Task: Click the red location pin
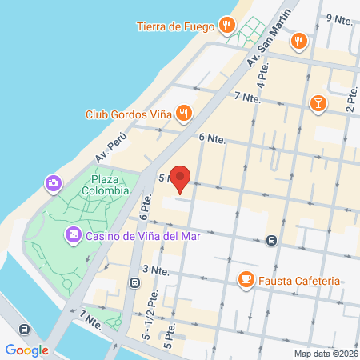(182, 179)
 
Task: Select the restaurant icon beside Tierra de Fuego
(228, 26)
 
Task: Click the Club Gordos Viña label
(129, 114)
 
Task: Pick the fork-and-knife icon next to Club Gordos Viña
(183, 114)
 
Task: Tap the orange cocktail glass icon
(318, 103)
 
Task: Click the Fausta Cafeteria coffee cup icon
(246, 280)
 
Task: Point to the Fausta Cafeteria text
(298, 281)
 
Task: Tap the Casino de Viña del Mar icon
(73, 235)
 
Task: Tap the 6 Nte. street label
(212, 138)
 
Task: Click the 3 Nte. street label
(154, 270)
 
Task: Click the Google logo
(27, 350)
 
